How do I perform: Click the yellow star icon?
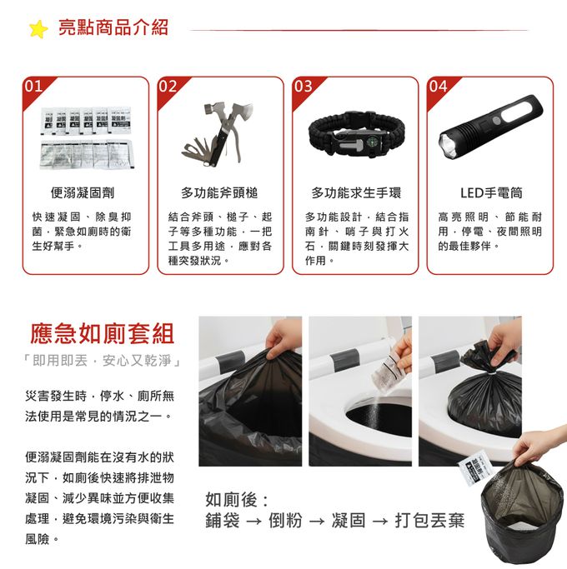[x=38, y=29]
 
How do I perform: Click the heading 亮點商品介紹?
[x=113, y=27]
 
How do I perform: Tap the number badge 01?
[x=33, y=87]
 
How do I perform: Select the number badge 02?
[x=168, y=87]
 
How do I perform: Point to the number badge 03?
[x=303, y=87]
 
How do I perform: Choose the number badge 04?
[x=438, y=87]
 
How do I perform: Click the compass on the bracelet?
[x=372, y=142]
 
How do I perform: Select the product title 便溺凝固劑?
[x=83, y=192]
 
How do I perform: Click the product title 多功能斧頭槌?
[x=219, y=192]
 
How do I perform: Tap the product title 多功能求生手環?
[x=356, y=192]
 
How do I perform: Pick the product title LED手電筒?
[x=491, y=192]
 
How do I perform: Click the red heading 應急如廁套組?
[x=102, y=333]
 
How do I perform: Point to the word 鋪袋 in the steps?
[x=223, y=521]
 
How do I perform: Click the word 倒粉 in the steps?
[x=285, y=521]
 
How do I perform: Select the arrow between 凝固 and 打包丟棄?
[x=380, y=522]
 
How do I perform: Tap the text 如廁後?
[x=237, y=500]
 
